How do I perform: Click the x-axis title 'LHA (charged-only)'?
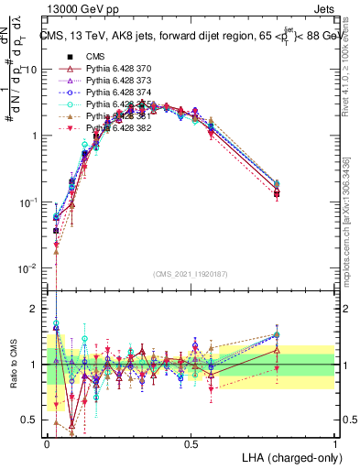pos(290,456)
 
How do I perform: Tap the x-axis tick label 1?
pos(335,443)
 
